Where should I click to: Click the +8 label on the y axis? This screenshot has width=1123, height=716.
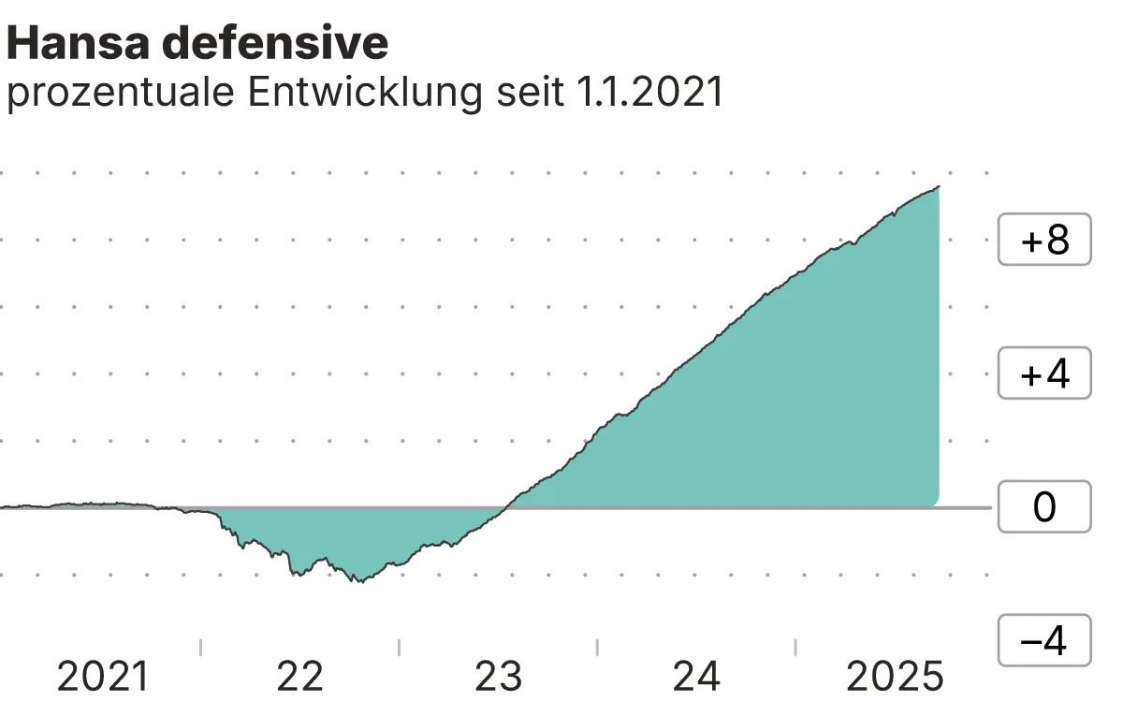click(x=1044, y=241)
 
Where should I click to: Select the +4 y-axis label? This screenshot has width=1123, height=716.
click(x=1044, y=374)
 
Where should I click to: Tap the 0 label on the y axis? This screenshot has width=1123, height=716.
click(x=1044, y=507)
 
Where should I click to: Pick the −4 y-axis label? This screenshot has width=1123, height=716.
click(x=1044, y=641)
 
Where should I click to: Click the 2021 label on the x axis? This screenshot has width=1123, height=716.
click(x=103, y=677)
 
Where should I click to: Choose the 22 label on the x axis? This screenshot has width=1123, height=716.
click(x=300, y=677)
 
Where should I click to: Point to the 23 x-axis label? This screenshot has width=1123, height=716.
click(x=499, y=677)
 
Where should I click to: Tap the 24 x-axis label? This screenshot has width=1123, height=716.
click(x=697, y=677)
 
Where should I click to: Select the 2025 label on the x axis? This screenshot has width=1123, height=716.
click(x=896, y=677)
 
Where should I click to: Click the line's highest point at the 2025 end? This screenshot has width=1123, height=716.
click(x=938, y=187)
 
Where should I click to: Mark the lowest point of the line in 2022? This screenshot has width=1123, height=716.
click(x=358, y=581)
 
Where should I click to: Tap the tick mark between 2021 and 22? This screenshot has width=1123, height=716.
click(x=201, y=647)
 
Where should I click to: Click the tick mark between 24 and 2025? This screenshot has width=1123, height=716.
click(x=795, y=647)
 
